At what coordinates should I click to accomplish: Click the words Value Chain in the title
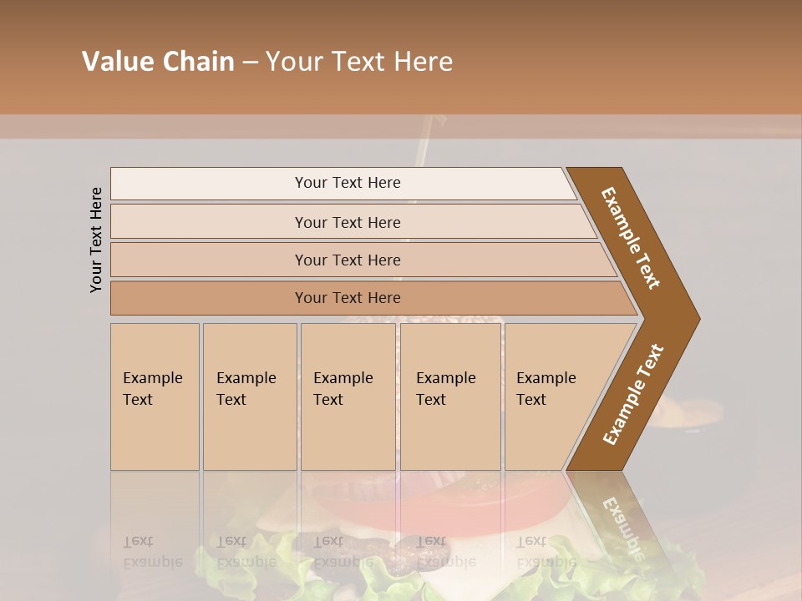(x=158, y=62)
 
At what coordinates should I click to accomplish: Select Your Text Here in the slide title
(x=359, y=62)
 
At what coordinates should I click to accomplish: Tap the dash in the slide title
(x=250, y=63)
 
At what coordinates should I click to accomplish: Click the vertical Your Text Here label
(x=97, y=240)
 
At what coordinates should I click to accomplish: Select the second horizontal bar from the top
(x=347, y=222)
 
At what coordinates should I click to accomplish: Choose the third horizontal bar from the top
(x=347, y=260)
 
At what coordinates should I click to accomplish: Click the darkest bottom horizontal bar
(x=347, y=298)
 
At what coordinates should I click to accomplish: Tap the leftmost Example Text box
(x=155, y=396)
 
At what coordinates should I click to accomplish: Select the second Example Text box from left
(x=249, y=396)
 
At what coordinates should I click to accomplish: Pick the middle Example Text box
(x=348, y=396)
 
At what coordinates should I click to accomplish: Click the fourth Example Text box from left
(x=450, y=396)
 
